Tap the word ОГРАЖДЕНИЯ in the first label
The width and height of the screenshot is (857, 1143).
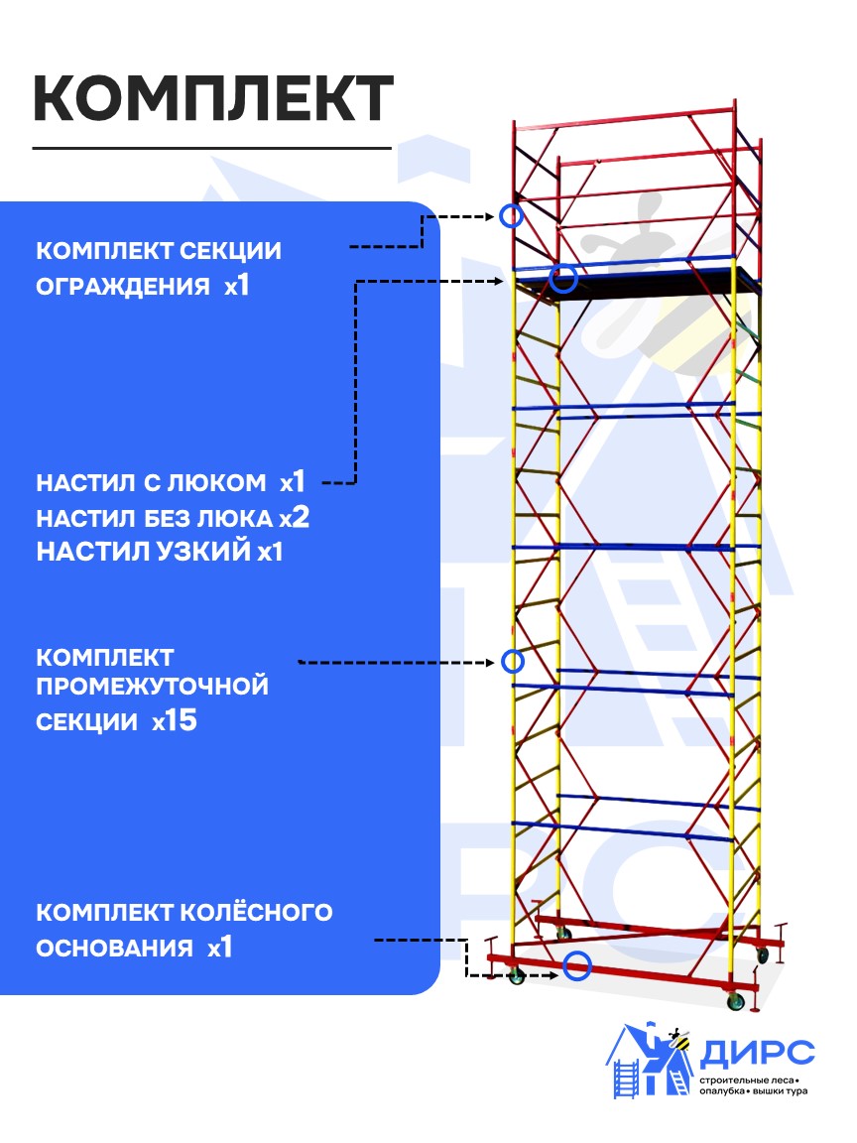(x=123, y=287)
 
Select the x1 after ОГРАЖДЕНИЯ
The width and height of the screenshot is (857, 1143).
(x=236, y=286)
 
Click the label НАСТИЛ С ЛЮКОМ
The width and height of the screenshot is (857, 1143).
(x=151, y=483)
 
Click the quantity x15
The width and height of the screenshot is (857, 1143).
(x=175, y=721)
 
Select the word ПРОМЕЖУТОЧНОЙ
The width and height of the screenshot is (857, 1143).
(x=152, y=686)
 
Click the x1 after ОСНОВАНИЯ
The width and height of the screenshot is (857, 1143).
(x=219, y=948)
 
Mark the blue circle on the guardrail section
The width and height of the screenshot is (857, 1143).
(x=511, y=215)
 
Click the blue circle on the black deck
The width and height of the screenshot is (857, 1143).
(x=563, y=279)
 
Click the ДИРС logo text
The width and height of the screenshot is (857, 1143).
(x=757, y=1051)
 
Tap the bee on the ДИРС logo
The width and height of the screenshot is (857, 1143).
(x=679, y=1039)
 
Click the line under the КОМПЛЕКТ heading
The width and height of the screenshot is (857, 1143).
(x=212, y=148)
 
